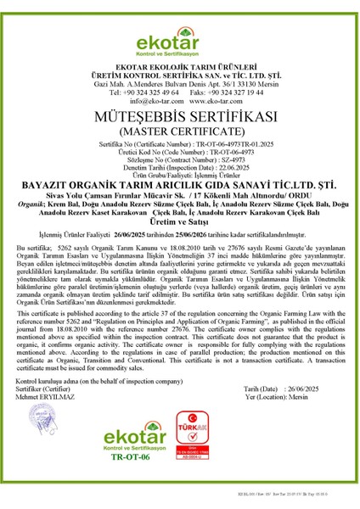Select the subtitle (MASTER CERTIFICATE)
[179, 132]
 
